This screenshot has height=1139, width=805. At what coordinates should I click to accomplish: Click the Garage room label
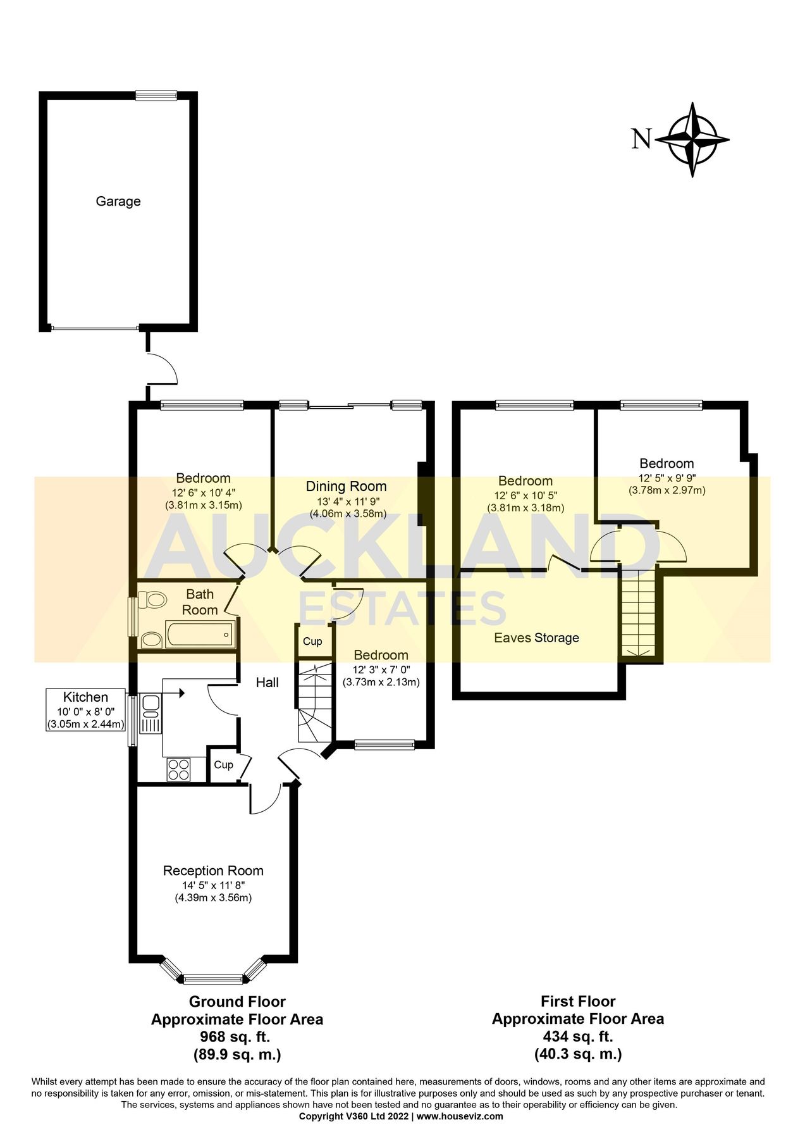(118, 201)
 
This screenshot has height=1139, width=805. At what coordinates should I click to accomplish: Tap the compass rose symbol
(692, 139)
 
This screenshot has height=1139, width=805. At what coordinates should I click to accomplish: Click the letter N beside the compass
(641, 139)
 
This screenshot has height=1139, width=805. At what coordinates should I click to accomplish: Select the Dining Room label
(346, 487)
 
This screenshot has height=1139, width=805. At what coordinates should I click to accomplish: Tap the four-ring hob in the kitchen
(178, 769)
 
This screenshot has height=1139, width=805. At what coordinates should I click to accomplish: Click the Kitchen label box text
(86, 697)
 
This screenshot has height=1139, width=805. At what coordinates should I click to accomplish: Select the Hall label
(267, 683)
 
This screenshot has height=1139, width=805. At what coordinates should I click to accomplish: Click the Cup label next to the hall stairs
(312, 642)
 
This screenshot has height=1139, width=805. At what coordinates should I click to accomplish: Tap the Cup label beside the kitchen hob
(223, 765)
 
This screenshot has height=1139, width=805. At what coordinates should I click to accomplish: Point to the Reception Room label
(213, 871)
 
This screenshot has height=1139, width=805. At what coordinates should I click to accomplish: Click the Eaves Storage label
(536, 638)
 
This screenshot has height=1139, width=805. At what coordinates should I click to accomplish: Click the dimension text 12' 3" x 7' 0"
(381, 670)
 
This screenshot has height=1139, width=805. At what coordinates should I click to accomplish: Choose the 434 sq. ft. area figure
(577, 1036)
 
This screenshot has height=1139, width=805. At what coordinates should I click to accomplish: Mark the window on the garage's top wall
(156, 96)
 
